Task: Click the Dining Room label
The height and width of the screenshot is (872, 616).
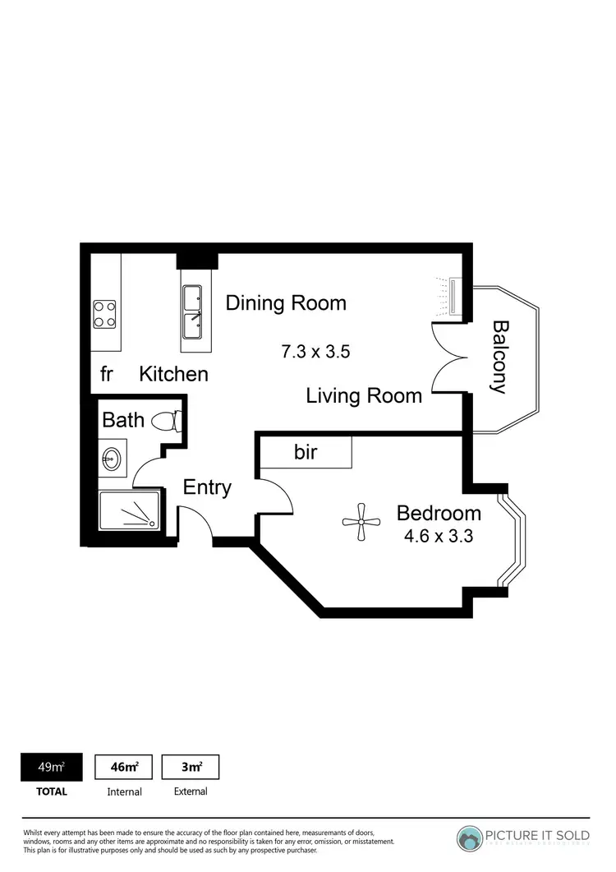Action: [286, 303]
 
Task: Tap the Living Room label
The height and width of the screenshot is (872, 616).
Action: [364, 396]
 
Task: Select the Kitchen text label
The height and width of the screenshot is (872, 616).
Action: [173, 375]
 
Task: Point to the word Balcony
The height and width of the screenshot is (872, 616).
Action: [499, 357]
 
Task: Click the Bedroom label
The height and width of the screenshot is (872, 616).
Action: [438, 514]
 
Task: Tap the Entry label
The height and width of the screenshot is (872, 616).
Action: [207, 487]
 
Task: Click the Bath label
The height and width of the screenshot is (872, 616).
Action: [123, 421]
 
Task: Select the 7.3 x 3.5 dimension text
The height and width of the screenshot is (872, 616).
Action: [316, 352]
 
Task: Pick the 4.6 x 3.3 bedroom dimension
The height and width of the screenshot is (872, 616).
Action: [438, 538]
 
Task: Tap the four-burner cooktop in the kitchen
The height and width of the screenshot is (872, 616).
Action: [104, 313]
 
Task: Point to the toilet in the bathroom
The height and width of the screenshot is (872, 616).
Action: [168, 421]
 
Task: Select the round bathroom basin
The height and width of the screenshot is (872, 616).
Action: [112, 458]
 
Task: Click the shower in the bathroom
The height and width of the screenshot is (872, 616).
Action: [129, 511]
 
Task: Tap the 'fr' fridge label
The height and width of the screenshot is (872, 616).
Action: [106, 375]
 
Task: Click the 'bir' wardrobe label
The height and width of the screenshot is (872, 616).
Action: [305, 452]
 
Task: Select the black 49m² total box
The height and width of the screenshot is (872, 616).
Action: [52, 767]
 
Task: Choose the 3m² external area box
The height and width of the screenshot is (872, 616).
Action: [191, 767]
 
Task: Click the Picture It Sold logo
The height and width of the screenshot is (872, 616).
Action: [522, 837]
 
